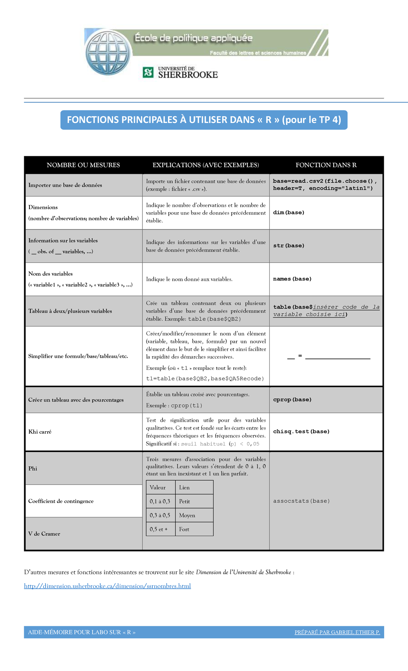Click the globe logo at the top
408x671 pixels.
coord(108,53)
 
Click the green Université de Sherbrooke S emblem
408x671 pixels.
coord(148,72)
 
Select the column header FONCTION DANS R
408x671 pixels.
coord(326,165)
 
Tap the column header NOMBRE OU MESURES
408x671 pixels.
coord(83,165)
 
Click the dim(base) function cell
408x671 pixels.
coord(289,213)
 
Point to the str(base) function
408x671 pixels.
coord(289,246)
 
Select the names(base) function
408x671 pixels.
coord(292,279)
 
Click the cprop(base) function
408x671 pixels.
coord(292,400)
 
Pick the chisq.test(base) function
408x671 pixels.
coord(301,432)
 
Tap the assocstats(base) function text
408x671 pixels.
coord(301,501)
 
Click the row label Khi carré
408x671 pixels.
coord(40,432)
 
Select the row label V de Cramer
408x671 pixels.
coord(44,534)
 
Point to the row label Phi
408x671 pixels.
coord(33,469)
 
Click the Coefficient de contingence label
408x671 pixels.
coord(61,501)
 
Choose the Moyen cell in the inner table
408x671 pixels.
coord(187,515)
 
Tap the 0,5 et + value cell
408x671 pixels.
coord(159,529)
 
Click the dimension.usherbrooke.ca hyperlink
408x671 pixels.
coord(107,586)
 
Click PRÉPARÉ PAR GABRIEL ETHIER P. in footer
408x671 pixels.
coord(337,632)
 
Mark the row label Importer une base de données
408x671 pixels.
coord(65,185)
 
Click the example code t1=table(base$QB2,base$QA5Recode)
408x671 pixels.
coord(205,379)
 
